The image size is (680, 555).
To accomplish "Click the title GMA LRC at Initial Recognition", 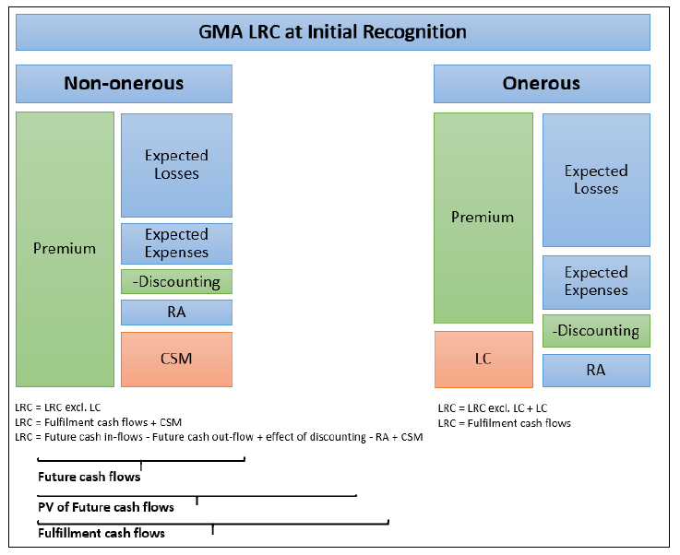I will (x=332, y=32).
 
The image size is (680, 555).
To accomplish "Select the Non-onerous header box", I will (x=124, y=83).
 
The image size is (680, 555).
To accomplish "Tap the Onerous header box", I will (x=542, y=83).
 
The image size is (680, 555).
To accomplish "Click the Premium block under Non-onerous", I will (x=65, y=249).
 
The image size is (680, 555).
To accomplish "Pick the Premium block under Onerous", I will (x=483, y=218).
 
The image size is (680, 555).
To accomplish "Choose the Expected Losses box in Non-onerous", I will (x=176, y=164).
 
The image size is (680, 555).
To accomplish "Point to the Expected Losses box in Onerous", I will (x=596, y=180).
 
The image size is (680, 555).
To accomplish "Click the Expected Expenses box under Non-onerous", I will (x=176, y=243).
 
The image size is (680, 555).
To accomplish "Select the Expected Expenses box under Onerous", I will (x=596, y=281).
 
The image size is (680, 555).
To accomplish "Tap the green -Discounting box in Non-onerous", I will (x=176, y=281).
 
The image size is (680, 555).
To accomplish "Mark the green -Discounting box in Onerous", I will (x=596, y=330).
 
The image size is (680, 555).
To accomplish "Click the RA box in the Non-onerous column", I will (x=176, y=312).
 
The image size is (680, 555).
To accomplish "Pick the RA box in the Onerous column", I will (x=596, y=371).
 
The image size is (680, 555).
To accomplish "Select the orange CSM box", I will (x=176, y=359).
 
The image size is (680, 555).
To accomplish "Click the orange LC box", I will (x=483, y=359).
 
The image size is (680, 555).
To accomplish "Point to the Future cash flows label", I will (x=89, y=478).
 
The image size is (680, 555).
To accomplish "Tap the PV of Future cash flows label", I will (x=105, y=507).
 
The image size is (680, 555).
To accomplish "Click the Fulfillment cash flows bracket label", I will (x=101, y=533).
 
